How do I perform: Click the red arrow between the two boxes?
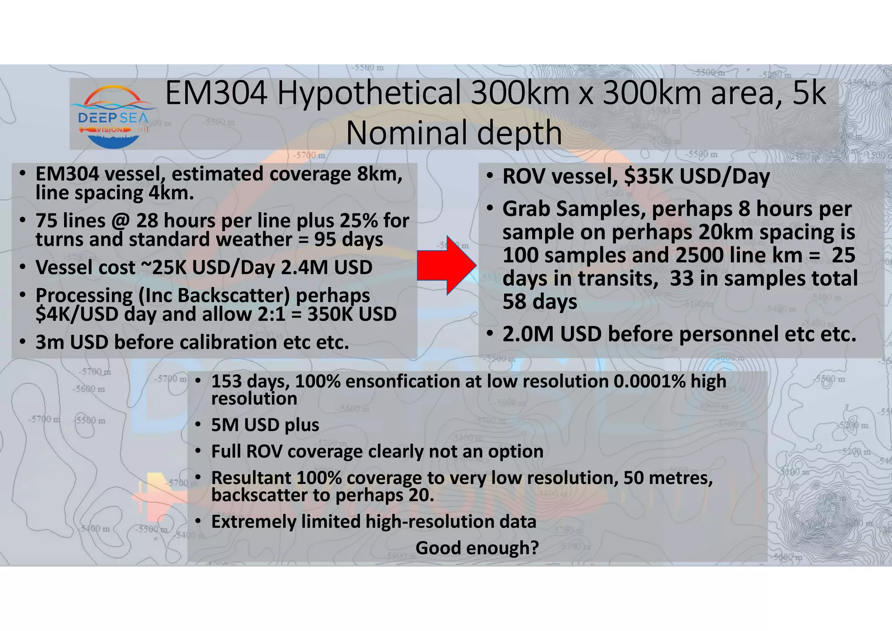pos(446,266)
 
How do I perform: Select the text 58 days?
pos(540,302)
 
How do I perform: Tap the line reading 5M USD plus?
pos(265,425)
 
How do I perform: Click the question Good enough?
pos(477,548)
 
